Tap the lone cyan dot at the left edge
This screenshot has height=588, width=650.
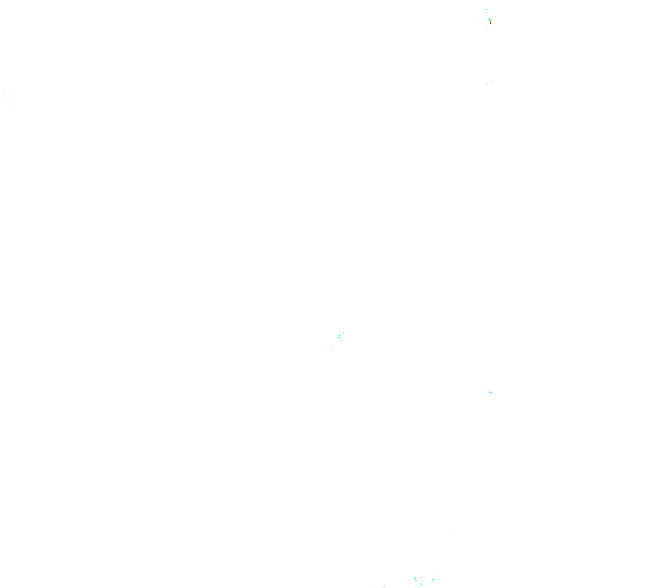(x=4, y=95)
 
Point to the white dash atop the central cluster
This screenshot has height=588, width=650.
(x=340, y=332)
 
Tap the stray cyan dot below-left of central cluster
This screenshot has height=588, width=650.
(x=333, y=347)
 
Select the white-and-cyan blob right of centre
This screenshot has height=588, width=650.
(x=490, y=392)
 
